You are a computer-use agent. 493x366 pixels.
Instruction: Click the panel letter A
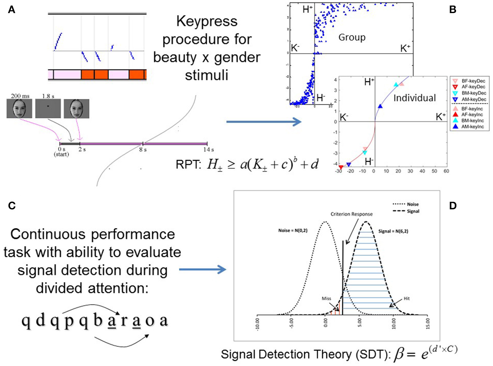click(11, 10)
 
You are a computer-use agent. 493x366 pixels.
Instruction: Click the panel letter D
click(453, 206)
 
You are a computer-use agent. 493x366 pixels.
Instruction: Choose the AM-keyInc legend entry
click(473, 127)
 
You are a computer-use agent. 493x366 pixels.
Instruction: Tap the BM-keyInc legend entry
click(473, 121)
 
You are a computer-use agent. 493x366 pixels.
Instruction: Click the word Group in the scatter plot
click(352, 37)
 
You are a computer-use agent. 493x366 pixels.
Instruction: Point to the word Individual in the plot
click(414, 98)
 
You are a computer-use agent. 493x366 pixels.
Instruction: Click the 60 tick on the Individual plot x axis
click(446, 171)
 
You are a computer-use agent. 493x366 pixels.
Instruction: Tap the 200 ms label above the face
click(20, 96)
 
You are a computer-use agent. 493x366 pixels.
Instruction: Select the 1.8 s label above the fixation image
click(48, 96)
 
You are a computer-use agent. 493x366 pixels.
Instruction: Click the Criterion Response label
click(351, 214)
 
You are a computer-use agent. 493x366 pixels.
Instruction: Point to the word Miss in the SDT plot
click(326, 299)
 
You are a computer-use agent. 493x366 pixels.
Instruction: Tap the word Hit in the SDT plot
click(406, 299)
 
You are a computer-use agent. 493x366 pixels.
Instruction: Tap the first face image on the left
click(19, 108)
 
